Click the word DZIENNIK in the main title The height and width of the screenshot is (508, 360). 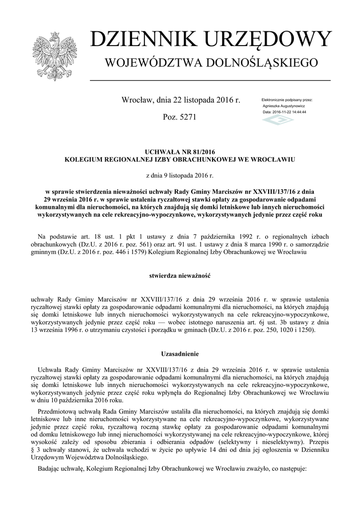(x=139, y=40)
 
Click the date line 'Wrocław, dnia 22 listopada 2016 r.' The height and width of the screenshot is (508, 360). (x=181, y=101)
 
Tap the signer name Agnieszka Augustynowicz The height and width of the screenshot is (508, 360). (x=284, y=106)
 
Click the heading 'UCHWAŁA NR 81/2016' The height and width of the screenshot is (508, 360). (x=180, y=152)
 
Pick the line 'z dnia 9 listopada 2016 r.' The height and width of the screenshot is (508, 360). (x=180, y=176)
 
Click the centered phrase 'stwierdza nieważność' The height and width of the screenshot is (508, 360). (x=180, y=275)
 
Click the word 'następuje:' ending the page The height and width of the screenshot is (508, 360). (x=292, y=468)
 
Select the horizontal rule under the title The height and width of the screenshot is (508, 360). (x=210, y=80)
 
